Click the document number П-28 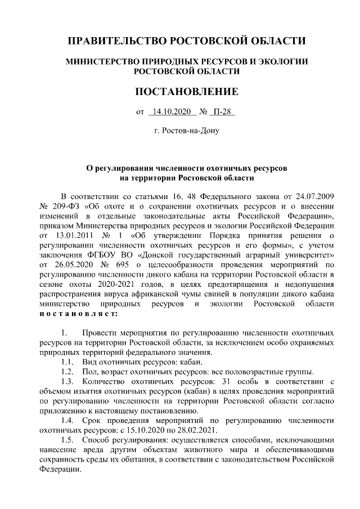[223, 111]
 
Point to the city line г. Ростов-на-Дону [187, 131]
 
